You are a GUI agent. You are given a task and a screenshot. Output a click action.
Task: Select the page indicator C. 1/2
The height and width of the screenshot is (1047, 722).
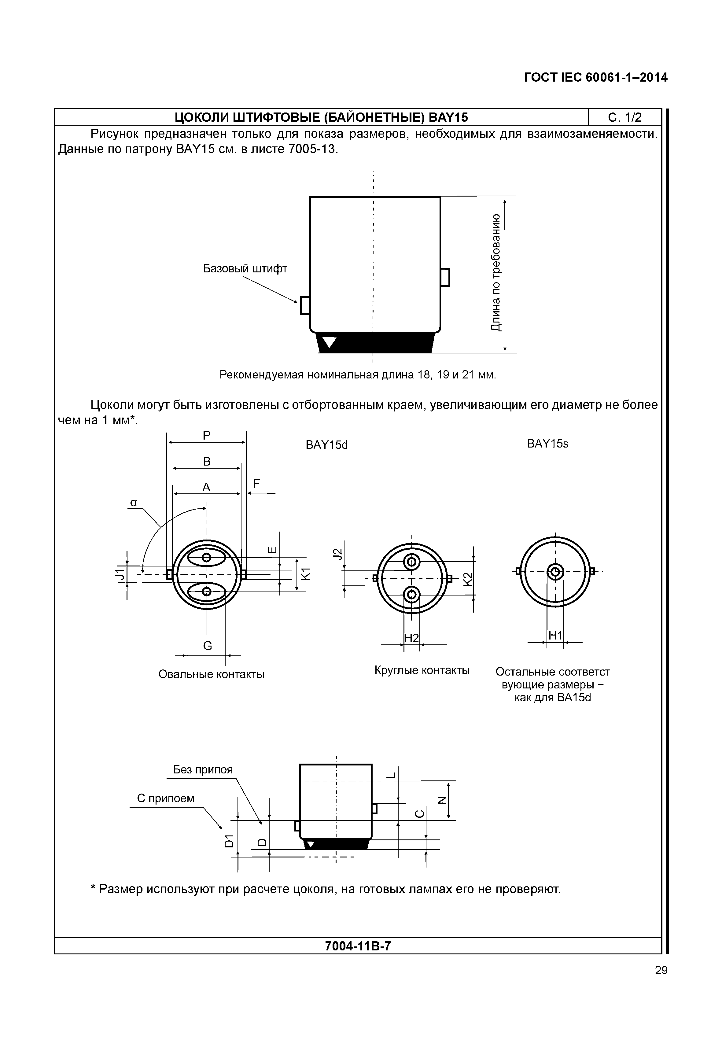click(x=625, y=118)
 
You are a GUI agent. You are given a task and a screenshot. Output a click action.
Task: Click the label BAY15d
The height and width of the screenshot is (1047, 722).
click(x=327, y=445)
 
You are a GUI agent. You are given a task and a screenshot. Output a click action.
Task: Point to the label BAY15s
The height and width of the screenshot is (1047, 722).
click(x=547, y=444)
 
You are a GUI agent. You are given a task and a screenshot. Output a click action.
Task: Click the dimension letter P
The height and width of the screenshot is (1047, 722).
click(x=206, y=435)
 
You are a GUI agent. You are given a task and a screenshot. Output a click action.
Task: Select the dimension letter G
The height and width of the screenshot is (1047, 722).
click(x=207, y=646)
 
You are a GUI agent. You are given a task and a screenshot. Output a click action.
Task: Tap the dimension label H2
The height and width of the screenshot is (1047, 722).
click(x=411, y=638)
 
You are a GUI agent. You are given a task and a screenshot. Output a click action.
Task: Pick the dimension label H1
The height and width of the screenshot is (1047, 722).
click(x=555, y=636)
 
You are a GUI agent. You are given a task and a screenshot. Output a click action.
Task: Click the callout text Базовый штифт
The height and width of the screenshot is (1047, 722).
click(x=245, y=268)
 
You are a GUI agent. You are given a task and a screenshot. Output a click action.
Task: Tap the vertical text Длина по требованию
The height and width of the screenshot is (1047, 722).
click(x=496, y=272)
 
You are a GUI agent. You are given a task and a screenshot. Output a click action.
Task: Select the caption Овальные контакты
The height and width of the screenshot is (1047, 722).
click(x=211, y=674)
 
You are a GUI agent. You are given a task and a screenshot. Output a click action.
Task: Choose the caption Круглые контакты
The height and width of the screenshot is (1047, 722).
click(x=422, y=670)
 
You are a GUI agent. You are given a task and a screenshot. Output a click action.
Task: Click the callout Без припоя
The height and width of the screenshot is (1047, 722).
click(x=203, y=770)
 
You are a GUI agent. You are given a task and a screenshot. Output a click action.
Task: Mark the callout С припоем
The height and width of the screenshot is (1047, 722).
click(x=166, y=798)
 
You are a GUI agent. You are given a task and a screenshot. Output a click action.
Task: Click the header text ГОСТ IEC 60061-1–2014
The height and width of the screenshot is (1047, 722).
click(x=595, y=78)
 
